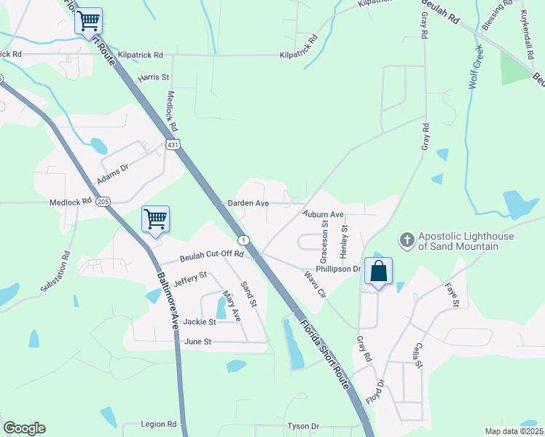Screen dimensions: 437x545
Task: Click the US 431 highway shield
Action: [172, 146]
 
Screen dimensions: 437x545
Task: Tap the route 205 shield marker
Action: [103, 202]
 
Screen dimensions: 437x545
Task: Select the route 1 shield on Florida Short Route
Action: [243, 240]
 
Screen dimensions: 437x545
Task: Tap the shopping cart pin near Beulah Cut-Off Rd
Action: [155, 219]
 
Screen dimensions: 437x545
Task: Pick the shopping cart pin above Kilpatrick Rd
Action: [88, 21]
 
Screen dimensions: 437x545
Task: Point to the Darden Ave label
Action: [248, 203]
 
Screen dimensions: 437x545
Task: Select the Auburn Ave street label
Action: [324, 215]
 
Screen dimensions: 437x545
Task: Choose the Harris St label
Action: [154, 76]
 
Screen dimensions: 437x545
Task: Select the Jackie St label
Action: [200, 321]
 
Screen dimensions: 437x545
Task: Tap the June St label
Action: [198, 341]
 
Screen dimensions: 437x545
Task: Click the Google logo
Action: [24, 428]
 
